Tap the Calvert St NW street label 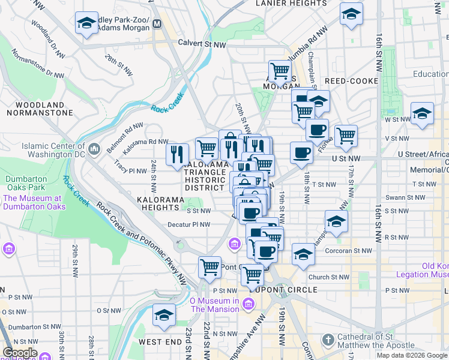[202, 44]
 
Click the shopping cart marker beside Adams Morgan [280, 71]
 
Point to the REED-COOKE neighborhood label [351, 81]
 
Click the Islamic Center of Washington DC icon [94, 148]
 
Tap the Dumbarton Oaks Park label [26, 184]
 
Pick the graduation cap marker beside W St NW [422, 113]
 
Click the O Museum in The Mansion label [215, 305]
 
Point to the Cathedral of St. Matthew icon [328, 340]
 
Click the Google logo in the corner [19, 353]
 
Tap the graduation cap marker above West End [164, 314]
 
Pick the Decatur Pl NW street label [189, 225]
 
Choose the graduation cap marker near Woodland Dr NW [87, 24]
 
